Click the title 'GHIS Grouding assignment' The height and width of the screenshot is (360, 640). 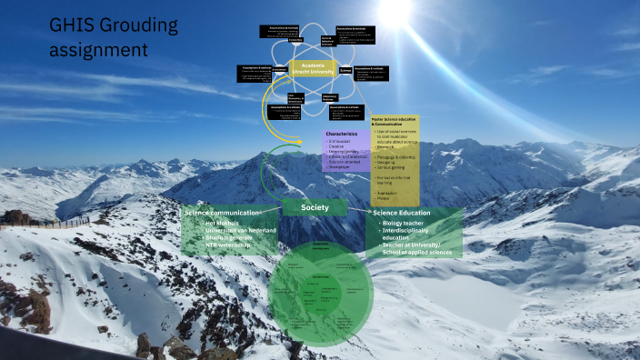(113, 35)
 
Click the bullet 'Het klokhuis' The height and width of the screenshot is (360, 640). (217, 223)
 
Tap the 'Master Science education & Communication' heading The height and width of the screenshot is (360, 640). (395, 121)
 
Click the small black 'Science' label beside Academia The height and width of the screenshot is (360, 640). (345, 69)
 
